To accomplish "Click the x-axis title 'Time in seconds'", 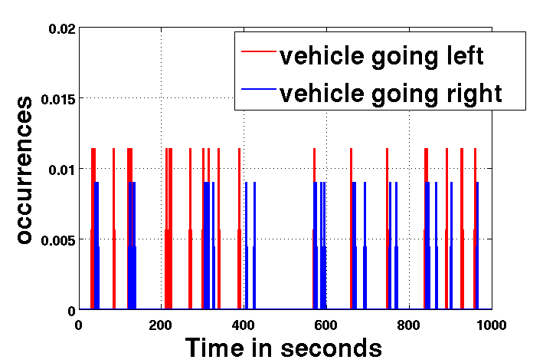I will click(283, 348).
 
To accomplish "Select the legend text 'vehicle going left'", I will click(381, 55).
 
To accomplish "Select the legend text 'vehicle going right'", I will click(391, 93).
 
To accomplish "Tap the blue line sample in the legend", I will click(257, 91).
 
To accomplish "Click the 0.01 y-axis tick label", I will click(61, 169).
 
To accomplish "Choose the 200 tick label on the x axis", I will click(161, 324).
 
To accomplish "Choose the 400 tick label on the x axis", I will click(244, 324).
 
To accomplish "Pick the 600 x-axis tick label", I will click(326, 324).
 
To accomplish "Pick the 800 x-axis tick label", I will click(409, 324).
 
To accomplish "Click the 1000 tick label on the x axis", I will click(490, 324).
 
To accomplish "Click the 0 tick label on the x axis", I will click(79, 324).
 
